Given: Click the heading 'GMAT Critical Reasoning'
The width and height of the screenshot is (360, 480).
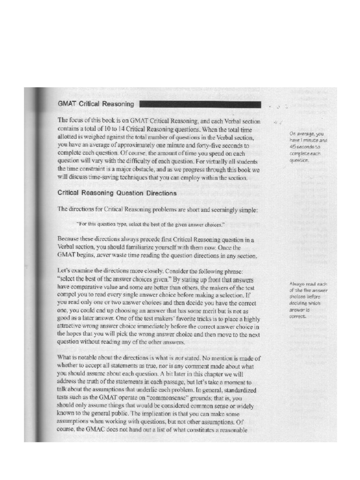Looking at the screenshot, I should [x=96, y=104].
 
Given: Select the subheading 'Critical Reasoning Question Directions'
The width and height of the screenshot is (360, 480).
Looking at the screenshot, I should [x=117, y=193].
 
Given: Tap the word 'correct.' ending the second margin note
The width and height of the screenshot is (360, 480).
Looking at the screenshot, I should [x=298, y=316].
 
